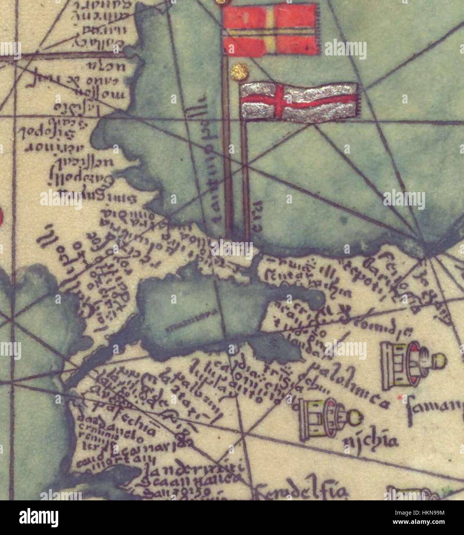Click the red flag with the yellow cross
tap(271, 29)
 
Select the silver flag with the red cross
tap(299, 102)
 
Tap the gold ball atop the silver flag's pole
tap(240, 71)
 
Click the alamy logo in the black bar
tap(39, 518)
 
